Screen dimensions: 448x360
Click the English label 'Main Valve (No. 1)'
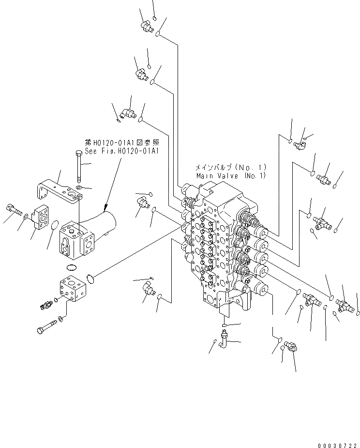231,176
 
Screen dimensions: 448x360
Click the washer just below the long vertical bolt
79,187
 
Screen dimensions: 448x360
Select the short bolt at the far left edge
14,210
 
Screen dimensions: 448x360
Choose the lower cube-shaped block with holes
72,290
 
